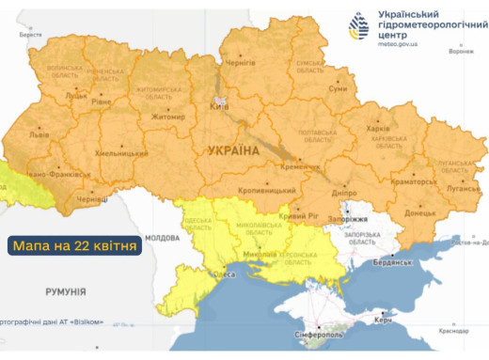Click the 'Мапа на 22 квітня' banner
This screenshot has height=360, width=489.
75,246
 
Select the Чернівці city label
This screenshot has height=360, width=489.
91,201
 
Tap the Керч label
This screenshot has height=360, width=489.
383,321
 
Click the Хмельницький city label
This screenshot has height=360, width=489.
120,152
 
